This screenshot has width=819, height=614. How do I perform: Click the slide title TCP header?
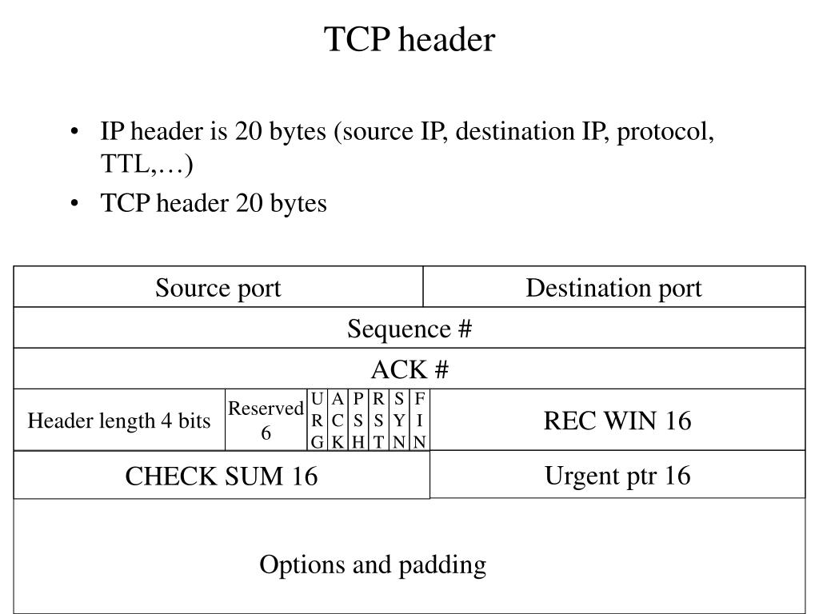(409, 39)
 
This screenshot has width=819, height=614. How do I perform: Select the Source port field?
(218, 288)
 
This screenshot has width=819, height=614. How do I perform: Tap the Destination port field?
(613, 288)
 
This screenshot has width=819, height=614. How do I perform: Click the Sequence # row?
(409, 329)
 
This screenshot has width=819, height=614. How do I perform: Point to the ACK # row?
(409, 369)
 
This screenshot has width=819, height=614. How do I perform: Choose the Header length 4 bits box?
(119, 421)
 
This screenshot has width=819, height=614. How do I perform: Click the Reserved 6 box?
(266, 421)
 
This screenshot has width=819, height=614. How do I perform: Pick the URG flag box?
(318, 421)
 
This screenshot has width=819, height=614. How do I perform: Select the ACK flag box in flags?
(338, 421)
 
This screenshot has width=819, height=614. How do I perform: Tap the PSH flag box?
(359, 421)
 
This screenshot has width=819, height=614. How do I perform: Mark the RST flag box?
(379, 421)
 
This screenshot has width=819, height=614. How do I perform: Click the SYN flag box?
(399, 421)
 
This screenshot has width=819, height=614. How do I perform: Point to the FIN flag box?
(420, 421)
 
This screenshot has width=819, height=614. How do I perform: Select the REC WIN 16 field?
(617, 421)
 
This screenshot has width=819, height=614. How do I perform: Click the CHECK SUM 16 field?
(222, 476)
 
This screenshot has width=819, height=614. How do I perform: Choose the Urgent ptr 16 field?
(617, 476)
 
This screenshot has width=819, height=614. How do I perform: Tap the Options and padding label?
(373, 565)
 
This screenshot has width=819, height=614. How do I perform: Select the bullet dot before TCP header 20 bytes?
(74, 204)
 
